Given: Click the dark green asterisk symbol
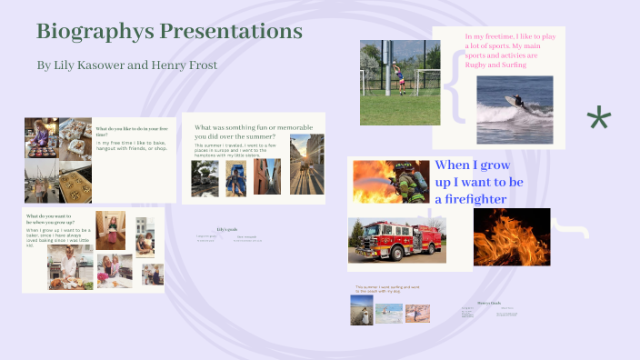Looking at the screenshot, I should pos(598,119).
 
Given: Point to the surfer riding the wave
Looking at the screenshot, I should pos(515,103).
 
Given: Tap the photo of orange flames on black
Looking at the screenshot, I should pos(511,236).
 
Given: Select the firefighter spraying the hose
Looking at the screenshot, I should pos(391,181).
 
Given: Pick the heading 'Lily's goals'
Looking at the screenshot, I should pos(226,229).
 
